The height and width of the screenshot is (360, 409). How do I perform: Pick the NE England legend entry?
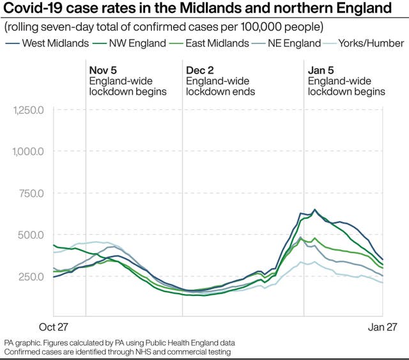289,43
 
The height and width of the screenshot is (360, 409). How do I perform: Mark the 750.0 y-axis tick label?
31,193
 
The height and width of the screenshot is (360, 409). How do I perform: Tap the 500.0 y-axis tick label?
31,235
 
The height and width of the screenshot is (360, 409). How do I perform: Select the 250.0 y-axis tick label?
31,276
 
